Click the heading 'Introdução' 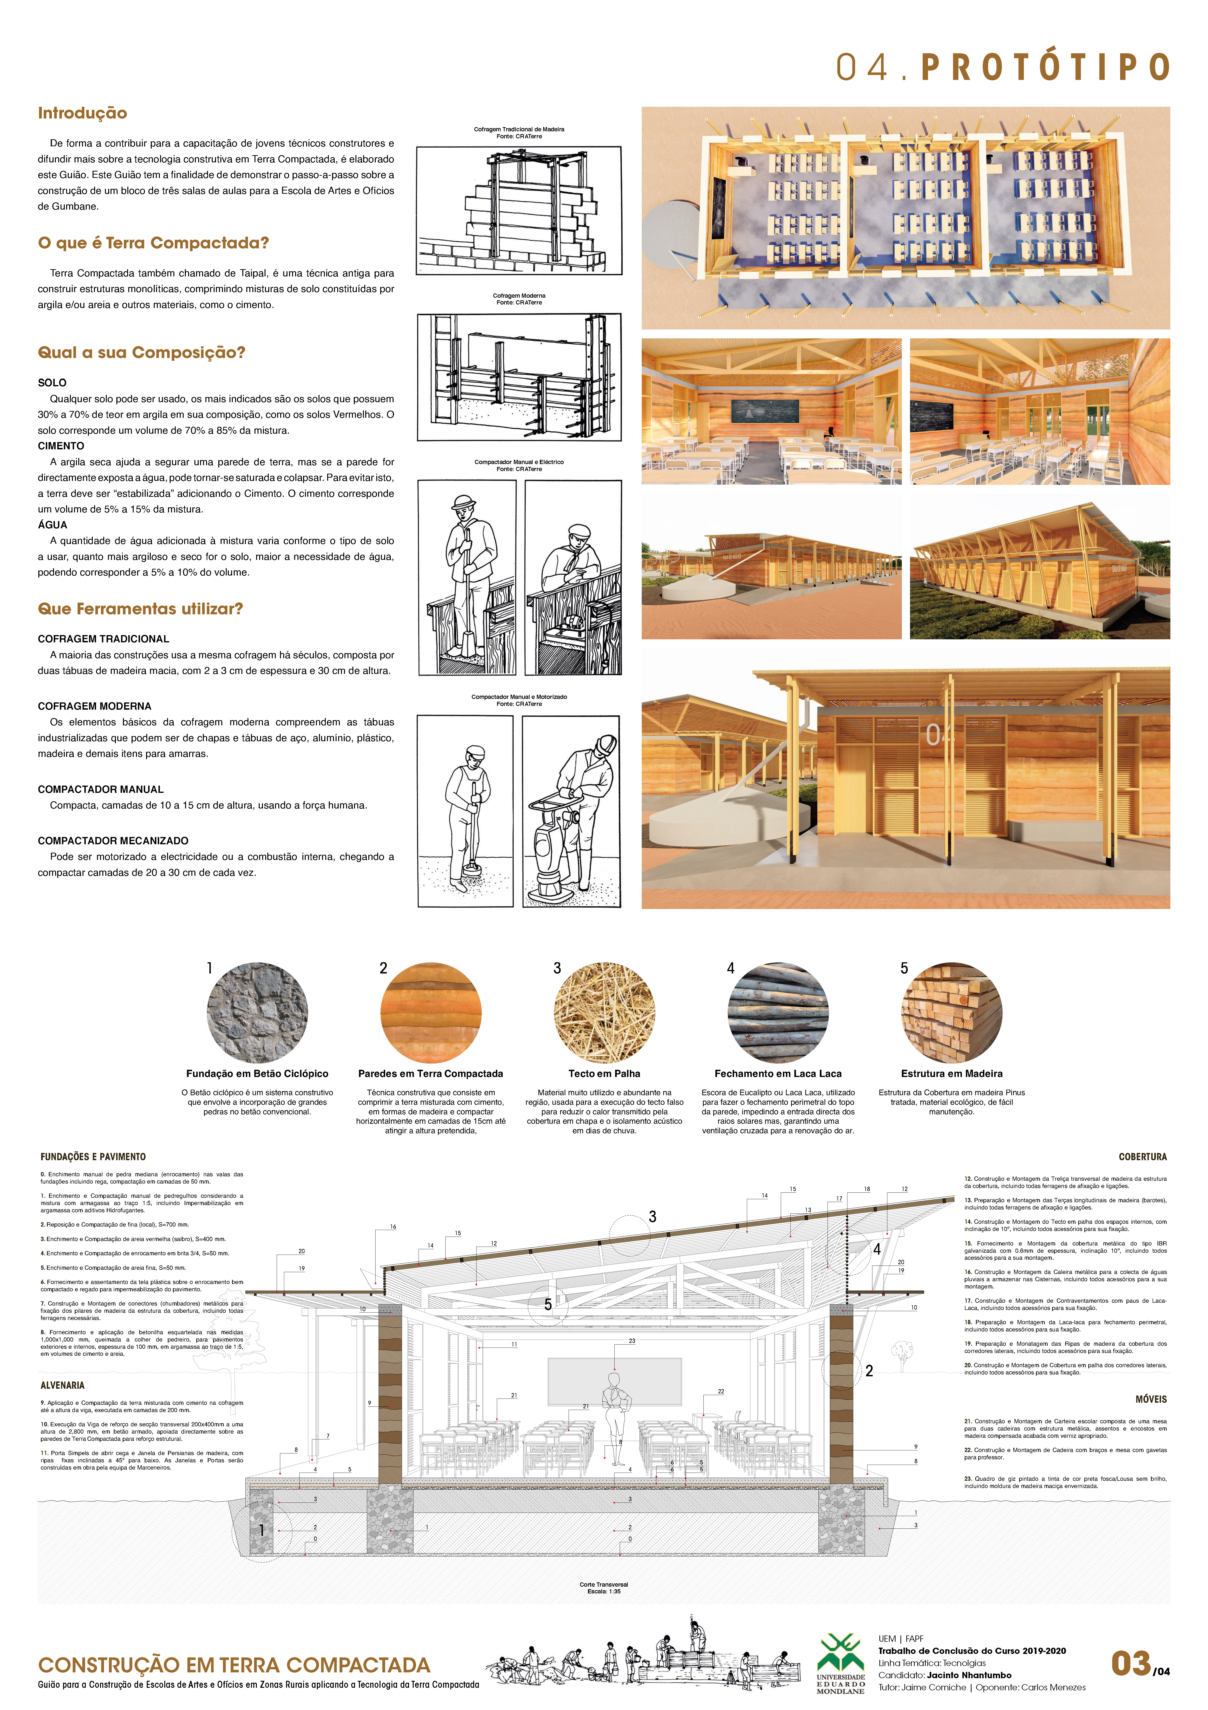tap(83, 113)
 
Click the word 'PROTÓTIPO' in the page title tap(1045, 68)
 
